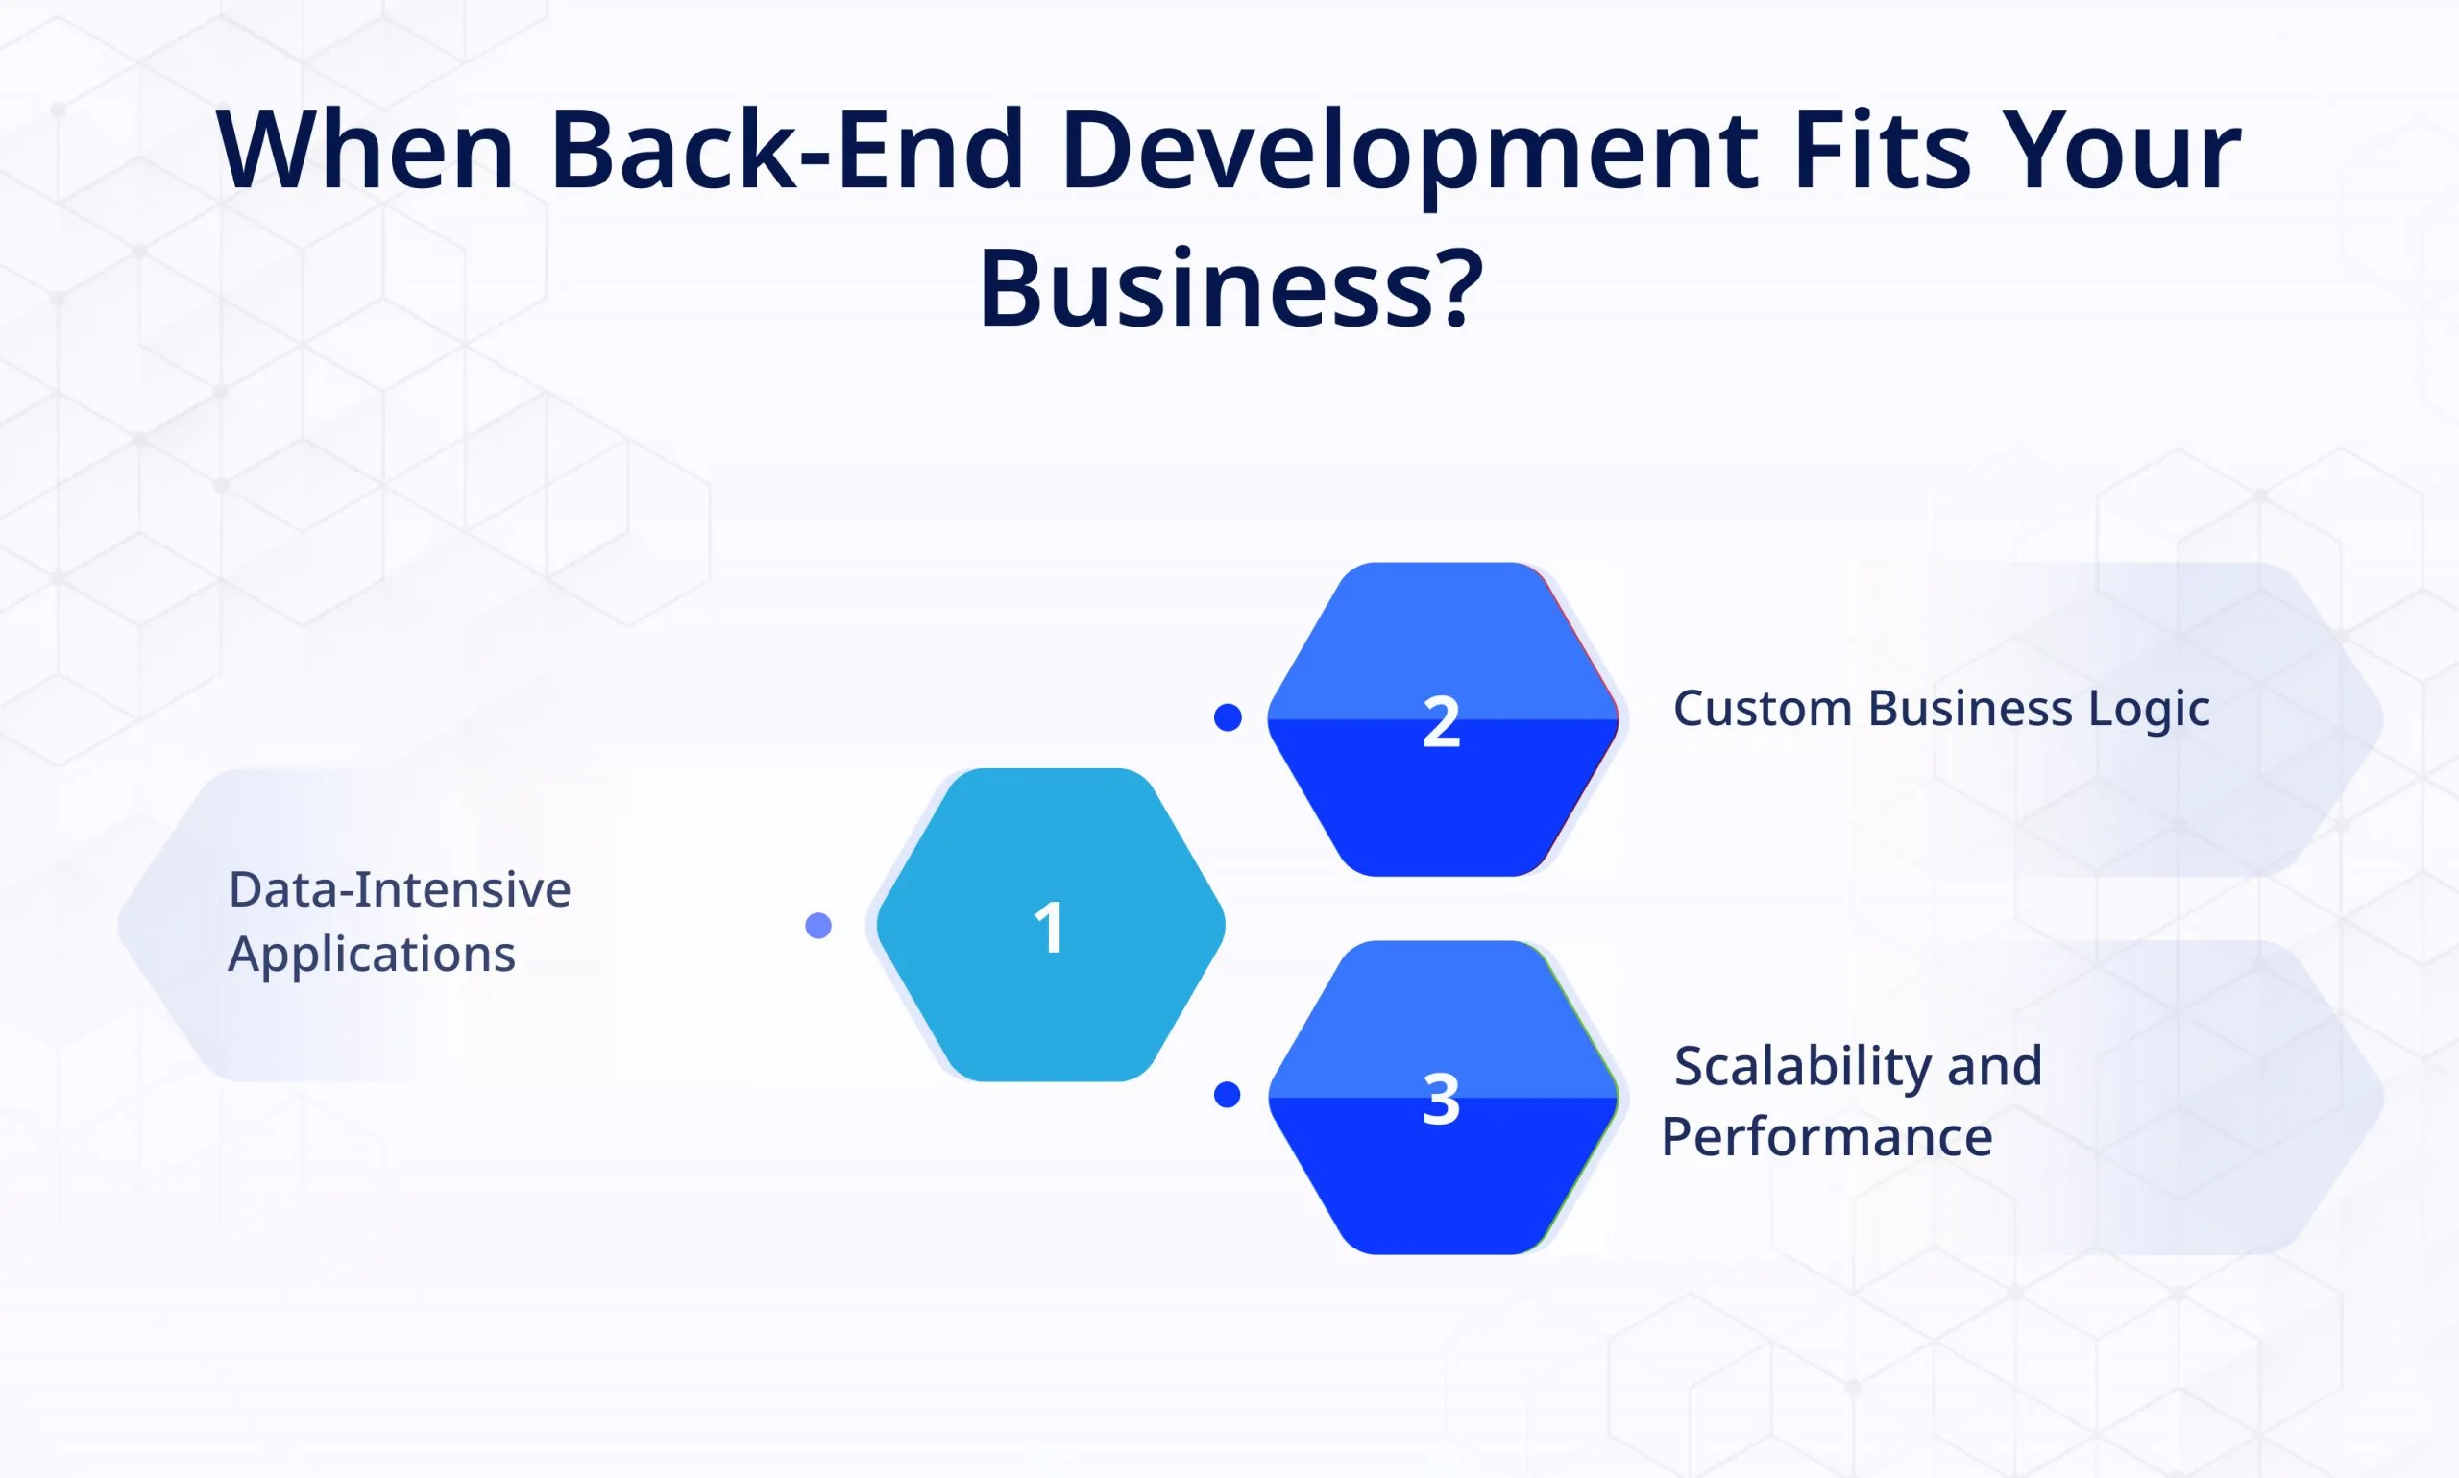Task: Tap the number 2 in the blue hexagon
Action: point(1441,721)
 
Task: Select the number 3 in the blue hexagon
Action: point(1441,1100)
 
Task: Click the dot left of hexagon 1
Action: point(817,926)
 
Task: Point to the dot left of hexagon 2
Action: point(1228,717)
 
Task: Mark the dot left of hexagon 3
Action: point(1227,1096)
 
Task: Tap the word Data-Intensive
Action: point(400,889)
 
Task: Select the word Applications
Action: point(372,956)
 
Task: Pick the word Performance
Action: point(1827,1136)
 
